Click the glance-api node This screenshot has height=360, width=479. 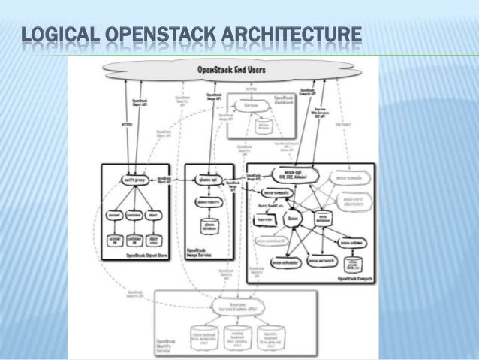click(x=208, y=180)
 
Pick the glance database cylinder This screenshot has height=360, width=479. click(x=209, y=228)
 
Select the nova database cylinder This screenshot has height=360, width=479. click(x=327, y=219)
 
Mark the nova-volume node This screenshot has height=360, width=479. click(x=351, y=243)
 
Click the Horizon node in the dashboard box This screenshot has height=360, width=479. click(x=252, y=107)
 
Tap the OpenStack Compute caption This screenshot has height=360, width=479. click(x=357, y=279)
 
